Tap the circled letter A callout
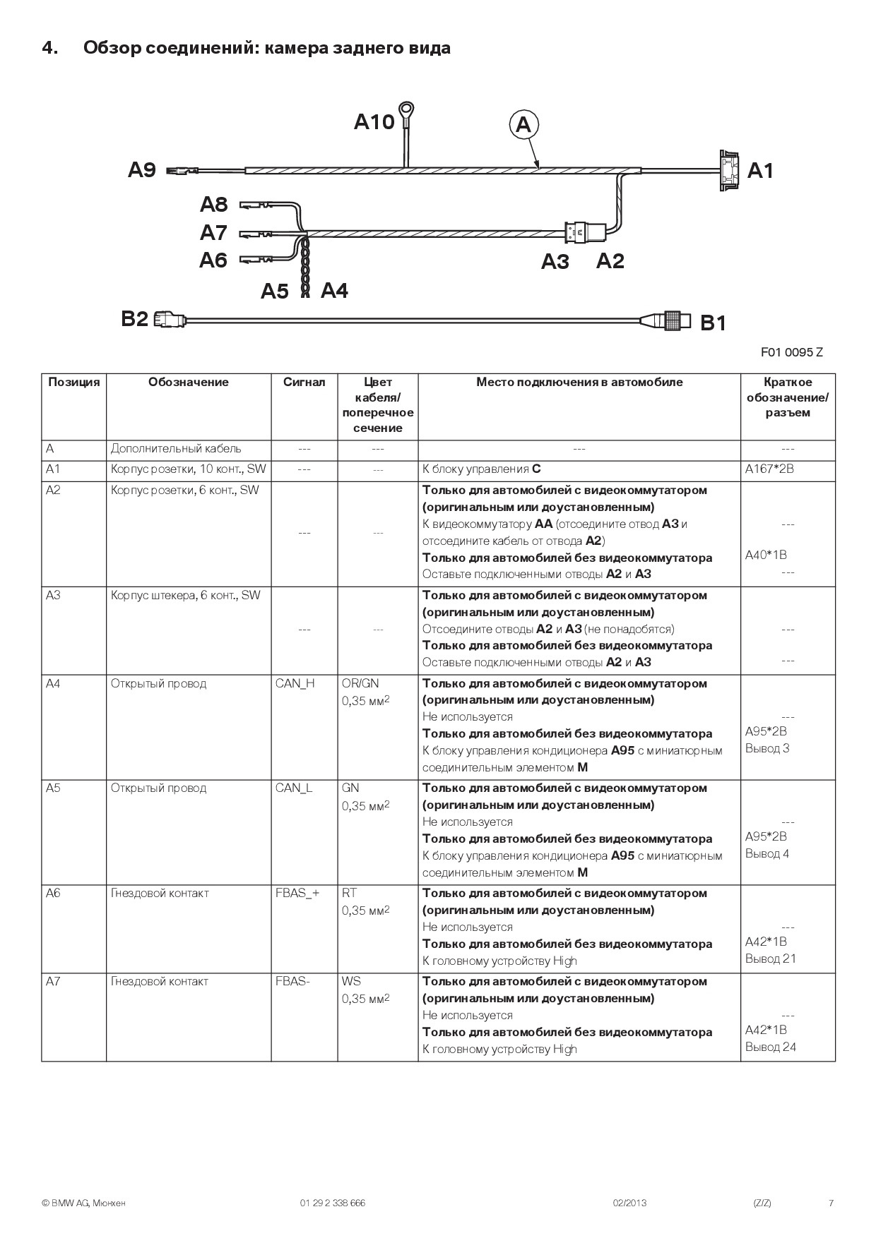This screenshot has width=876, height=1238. pyautogui.click(x=523, y=125)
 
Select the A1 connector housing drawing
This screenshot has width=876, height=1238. pyautogui.click(x=728, y=170)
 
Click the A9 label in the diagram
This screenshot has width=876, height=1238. pyautogui.click(x=142, y=170)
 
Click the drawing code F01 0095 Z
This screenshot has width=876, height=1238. pyautogui.click(x=791, y=352)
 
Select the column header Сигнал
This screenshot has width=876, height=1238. pyautogui.click(x=304, y=383)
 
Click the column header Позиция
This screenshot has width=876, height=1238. pyautogui.click(x=73, y=383)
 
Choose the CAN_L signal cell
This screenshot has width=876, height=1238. pyautogui.click(x=294, y=788)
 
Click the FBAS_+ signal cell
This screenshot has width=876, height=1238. pyautogui.click(x=297, y=893)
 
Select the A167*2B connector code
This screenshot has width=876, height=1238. pyautogui.click(x=769, y=469)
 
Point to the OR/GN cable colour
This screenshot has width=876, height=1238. pyautogui.click(x=360, y=683)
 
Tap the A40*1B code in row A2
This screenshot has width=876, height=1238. pyautogui.click(x=766, y=555)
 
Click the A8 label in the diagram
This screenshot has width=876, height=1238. pyautogui.click(x=213, y=204)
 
